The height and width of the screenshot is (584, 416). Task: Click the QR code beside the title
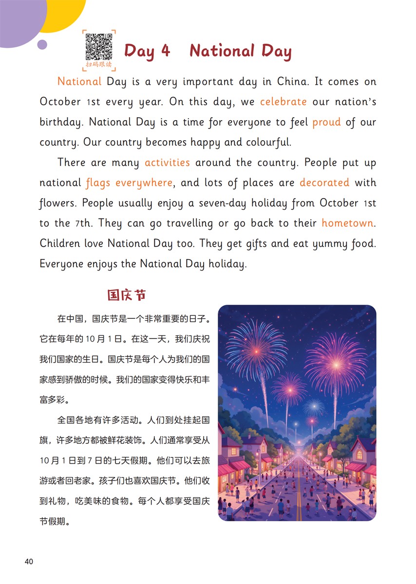pyautogui.click(x=99, y=46)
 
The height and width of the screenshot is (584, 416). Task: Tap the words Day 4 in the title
pyautogui.click(x=147, y=51)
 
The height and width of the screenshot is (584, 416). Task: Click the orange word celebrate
pyautogui.click(x=283, y=102)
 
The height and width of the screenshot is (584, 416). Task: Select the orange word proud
pyautogui.click(x=326, y=122)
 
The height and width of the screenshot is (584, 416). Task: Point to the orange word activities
pyautogui.click(x=167, y=163)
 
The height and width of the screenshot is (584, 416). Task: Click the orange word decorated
pyautogui.click(x=324, y=183)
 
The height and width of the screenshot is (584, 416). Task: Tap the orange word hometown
pyautogui.click(x=347, y=223)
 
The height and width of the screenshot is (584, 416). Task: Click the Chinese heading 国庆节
pyautogui.click(x=127, y=295)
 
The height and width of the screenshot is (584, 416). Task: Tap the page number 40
pyautogui.click(x=29, y=562)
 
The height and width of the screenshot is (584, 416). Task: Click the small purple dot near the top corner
pyautogui.click(x=42, y=45)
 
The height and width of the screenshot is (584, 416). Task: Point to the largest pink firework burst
pyautogui.click(x=335, y=364)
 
